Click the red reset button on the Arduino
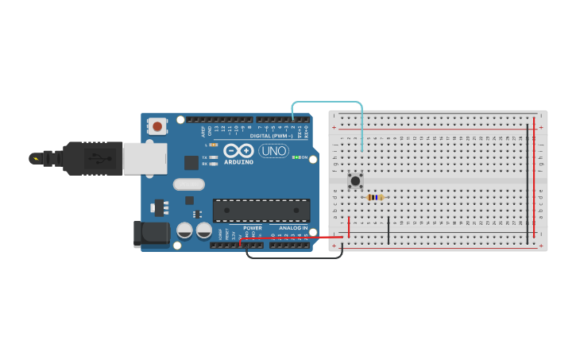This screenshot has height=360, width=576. point(157,126)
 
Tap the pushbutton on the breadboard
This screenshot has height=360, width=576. point(355,181)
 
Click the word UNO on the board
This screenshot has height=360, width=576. point(274,150)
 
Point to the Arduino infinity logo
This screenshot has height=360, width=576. point(238,150)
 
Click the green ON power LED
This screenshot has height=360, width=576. point(296,157)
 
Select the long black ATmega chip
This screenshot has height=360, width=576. point(261,211)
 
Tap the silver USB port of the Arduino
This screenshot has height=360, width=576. point(145,157)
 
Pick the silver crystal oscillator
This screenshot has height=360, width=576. point(188,184)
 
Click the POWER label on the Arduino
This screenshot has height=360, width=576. point(252,228)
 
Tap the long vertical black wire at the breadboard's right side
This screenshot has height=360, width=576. point(527,183)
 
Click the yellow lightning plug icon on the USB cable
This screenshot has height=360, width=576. point(35,158)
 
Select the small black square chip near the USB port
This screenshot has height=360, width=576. point(191,162)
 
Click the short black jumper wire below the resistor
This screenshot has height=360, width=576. point(388,230)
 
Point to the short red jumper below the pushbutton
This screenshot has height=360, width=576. point(349,226)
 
